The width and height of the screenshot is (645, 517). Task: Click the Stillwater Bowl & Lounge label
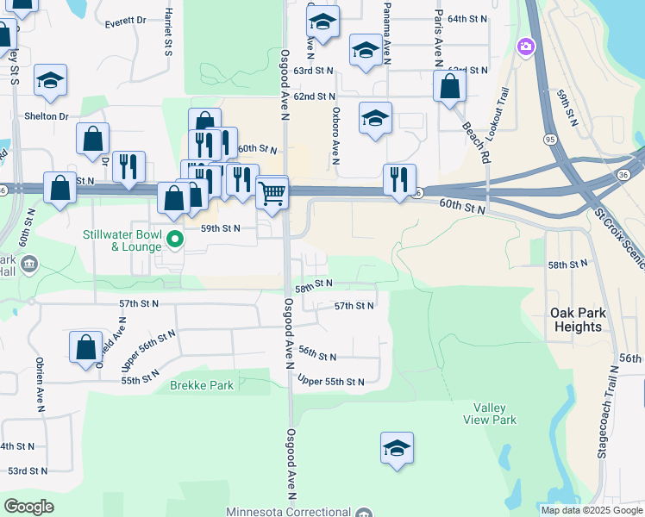(123, 240)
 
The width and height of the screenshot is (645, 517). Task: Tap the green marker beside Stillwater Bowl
(175, 240)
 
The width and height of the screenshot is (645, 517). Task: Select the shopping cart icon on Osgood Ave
(272, 191)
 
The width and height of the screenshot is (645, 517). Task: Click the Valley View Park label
(495, 414)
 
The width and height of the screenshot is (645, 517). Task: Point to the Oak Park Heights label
(576, 320)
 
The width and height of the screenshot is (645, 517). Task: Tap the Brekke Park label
(202, 386)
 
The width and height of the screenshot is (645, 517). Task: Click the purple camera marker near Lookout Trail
(524, 46)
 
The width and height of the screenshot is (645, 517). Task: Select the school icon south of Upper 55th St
(397, 448)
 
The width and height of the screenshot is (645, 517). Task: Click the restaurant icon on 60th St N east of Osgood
(399, 179)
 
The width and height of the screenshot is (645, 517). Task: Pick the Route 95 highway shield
(549, 139)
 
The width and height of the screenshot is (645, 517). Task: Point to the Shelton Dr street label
(47, 116)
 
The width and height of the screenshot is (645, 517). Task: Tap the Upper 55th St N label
(331, 381)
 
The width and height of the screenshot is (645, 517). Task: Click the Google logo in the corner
(28, 507)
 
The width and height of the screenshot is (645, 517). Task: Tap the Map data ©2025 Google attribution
(591, 510)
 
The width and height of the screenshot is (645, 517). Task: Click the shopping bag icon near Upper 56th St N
(86, 347)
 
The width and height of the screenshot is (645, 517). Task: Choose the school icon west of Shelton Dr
(50, 81)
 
